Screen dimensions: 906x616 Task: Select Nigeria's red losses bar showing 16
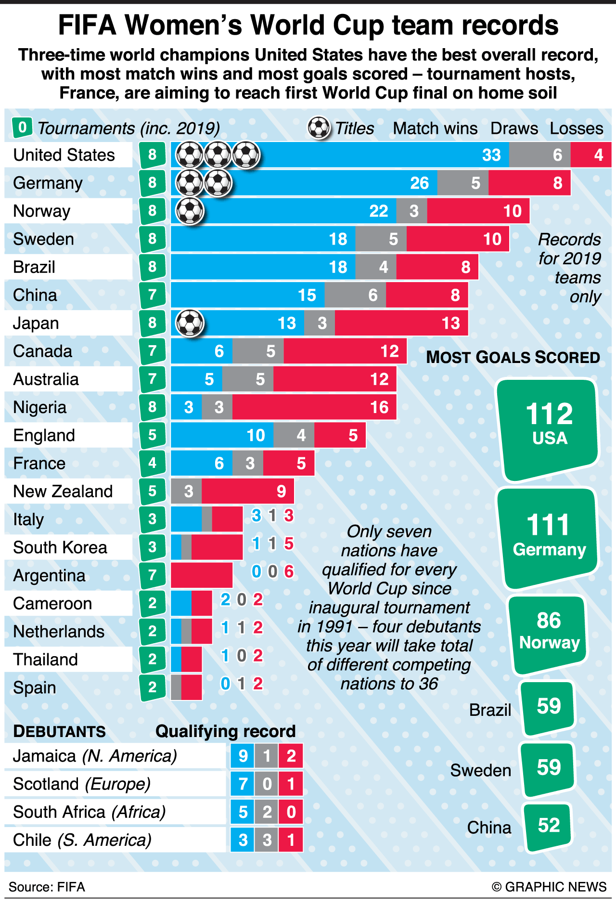coord(314,407)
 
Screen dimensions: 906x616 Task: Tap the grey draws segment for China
coord(355,295)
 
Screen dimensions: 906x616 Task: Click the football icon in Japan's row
coord(190,323)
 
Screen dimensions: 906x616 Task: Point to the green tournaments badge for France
coord(153,463)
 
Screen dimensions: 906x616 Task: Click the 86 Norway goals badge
coord(549,632)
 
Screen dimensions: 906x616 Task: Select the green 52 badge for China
coord(549,826)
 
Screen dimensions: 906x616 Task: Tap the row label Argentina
coord(49,576)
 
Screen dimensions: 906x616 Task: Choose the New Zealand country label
coord(63,492)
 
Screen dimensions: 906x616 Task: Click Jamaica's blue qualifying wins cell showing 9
coord(243,756)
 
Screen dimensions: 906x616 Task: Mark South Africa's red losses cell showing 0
coord(291,812)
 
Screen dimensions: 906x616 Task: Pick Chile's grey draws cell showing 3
coord(267,840)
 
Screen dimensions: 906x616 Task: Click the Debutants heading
coord(59,731)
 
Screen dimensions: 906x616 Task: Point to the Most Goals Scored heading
coord(513,357)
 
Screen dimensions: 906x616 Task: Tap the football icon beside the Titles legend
coord(319,128)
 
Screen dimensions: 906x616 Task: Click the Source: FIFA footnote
coord(47,887)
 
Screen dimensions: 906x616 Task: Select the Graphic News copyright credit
coord(549,887)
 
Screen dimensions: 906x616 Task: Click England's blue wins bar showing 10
coord(222,435)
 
